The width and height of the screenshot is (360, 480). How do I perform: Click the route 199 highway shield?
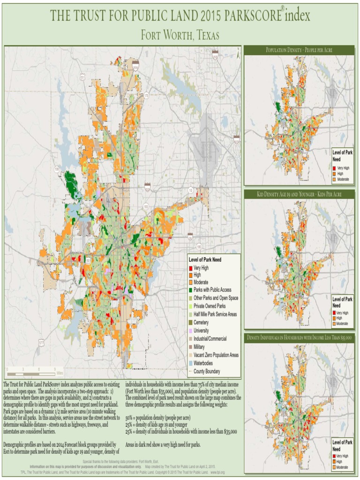pyautogui.click(x=57, y=169)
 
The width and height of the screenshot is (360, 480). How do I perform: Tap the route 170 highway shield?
pyautogui.click(x=146, y=96)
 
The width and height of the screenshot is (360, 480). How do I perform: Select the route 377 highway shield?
pyautogui.click(x=41, y=343)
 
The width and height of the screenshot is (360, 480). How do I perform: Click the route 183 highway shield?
pyautogui.click(x=146, y=206)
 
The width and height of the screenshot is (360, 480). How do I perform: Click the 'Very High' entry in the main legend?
pyautogui.click(x=200, y=268)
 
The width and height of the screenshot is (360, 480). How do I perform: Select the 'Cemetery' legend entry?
pyautogui.click(x=201, y=322)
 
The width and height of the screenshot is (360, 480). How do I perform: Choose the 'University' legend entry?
pyautogui.click(x=201, y=330)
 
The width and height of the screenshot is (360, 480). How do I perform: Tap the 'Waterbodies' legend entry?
pyautogui.click(x=205, y=363)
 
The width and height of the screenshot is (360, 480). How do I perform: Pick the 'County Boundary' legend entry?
pyautogui.click(x=207, y=371)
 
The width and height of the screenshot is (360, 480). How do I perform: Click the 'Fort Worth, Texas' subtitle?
pyautogui.click(x=180, y=36)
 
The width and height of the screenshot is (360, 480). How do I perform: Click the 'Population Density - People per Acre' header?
pyautogui.click(x=299, y=50)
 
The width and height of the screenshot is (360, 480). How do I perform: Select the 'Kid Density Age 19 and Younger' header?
pyautogui.click(x=299, y=194)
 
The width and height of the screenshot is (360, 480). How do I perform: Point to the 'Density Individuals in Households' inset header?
pyautogui.click(x=299, y=337)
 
